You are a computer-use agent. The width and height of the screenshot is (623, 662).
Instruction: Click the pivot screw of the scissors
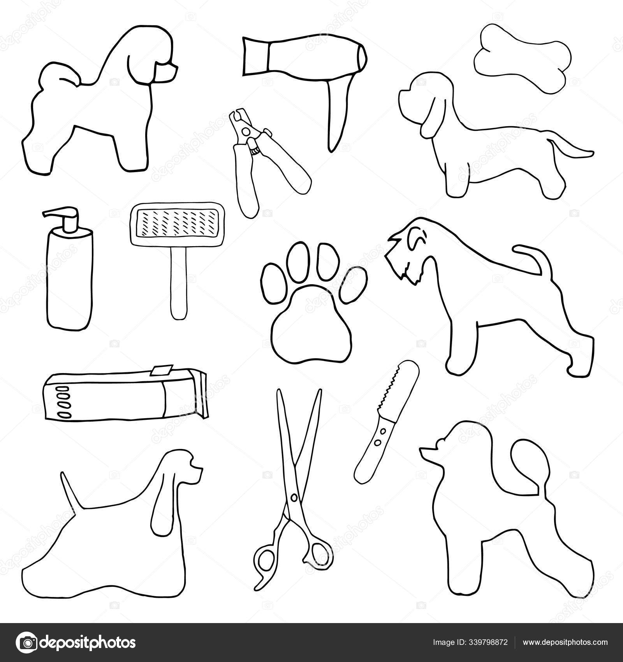(294, 498)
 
